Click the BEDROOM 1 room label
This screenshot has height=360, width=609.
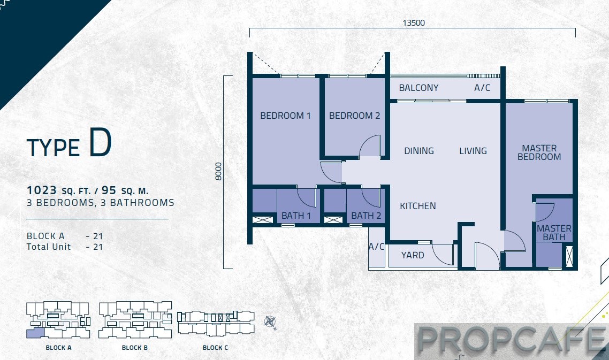285,116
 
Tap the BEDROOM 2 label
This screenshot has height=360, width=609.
355,116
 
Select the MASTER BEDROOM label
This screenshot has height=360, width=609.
539,152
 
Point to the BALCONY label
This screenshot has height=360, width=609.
418,88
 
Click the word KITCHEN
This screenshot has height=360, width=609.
418,206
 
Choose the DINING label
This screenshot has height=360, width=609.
419,151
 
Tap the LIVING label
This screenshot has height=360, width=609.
473,151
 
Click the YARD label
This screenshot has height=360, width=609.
413,255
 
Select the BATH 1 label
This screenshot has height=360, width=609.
296,216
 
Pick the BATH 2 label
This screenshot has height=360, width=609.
366,216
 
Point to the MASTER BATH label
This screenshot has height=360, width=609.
554,233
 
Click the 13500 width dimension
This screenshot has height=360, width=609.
414,22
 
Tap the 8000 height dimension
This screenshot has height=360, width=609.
218,171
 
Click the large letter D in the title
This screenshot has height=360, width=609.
100,143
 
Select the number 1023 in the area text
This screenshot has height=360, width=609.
42,190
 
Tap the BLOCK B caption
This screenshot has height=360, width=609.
135,348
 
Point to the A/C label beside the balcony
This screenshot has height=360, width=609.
482,88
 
